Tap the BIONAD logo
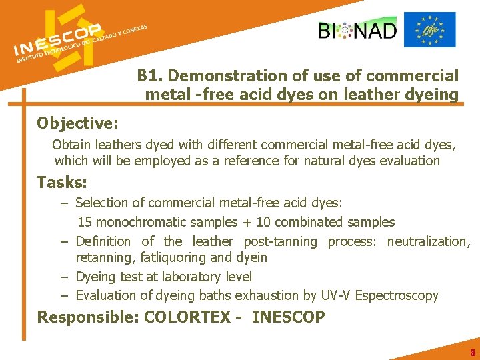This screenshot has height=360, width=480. pyautogui.click(x=357, y=30)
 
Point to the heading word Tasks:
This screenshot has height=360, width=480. pyautogui.click(x=62, y=182)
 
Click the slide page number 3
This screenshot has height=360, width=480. pyautogui.click(x=472, y=353)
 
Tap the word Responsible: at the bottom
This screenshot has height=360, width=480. pyautogui.click(x=88, y=317)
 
